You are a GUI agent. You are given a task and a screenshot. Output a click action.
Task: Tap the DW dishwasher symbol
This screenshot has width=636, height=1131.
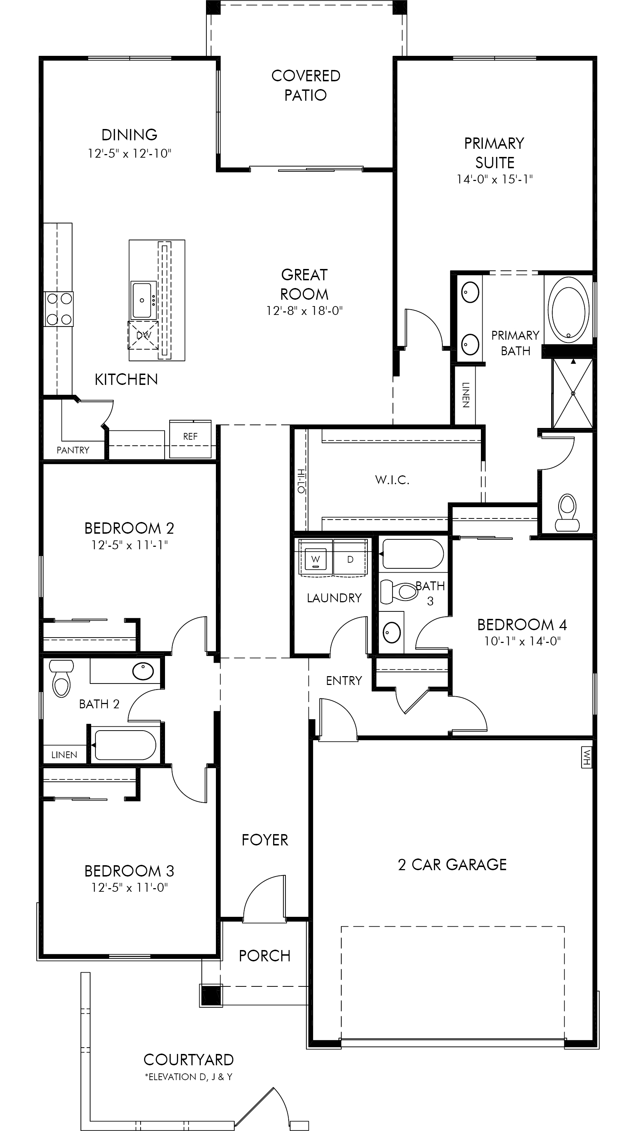click(x=143, y=335)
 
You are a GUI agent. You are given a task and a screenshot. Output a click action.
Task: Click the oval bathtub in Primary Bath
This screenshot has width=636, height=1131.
click(x=569, y=310)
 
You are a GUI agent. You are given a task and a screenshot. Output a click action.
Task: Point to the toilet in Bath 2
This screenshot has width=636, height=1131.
click(x=60, y=678)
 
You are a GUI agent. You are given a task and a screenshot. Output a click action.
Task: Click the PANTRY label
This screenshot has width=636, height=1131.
click(x=73, y=450)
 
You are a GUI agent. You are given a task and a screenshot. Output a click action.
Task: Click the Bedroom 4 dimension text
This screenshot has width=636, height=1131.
click(x=522, y=641)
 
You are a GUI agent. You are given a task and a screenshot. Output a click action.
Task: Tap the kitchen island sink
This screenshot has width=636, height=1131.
click(x=142, y=300)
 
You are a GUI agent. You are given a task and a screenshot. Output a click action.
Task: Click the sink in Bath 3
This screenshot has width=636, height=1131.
click(x=391, y=633)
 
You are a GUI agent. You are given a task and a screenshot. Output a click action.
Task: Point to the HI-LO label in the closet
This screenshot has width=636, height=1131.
click(x=301, y=481)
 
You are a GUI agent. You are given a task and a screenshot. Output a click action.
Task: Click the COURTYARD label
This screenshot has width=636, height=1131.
click(x=188, y=1060)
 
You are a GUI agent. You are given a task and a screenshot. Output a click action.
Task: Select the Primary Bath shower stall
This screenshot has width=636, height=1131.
click(x=572, y=393)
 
